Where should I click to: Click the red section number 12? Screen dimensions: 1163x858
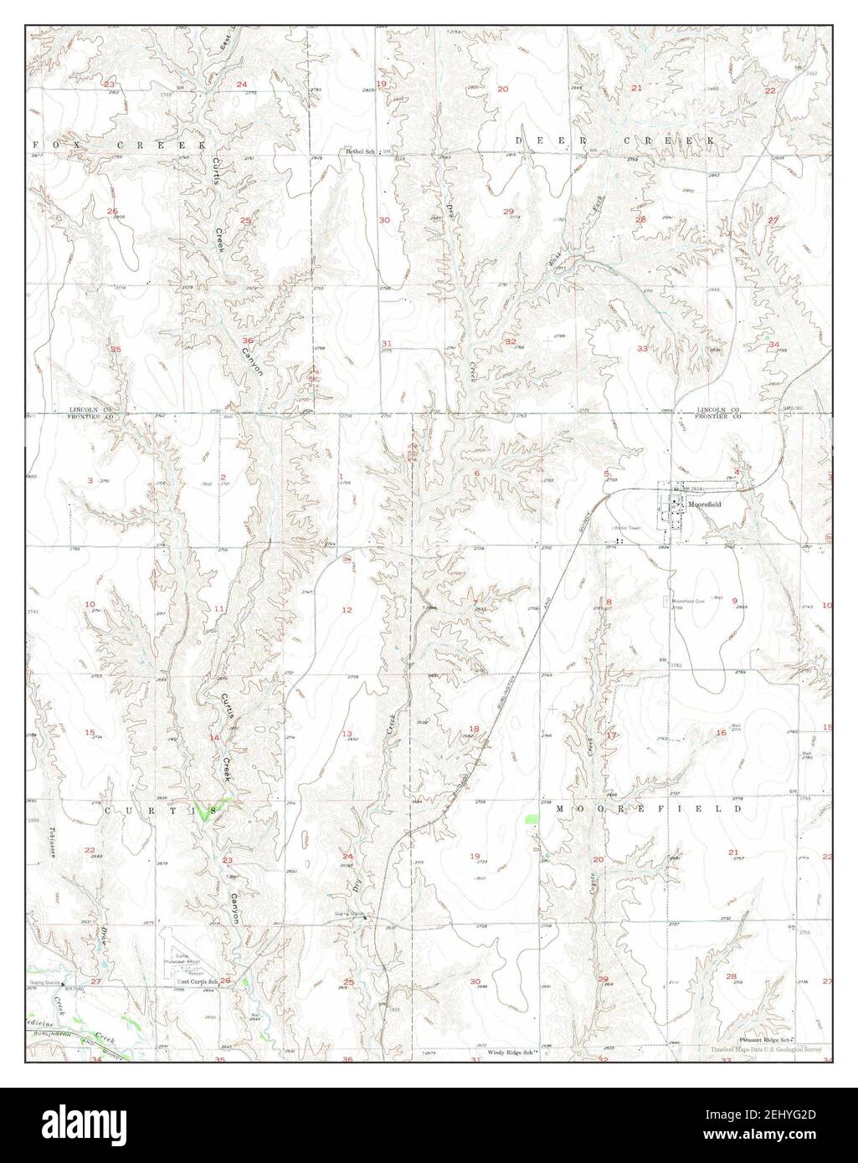tap(347, 610)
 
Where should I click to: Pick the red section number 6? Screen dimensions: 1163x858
tap(476, 474)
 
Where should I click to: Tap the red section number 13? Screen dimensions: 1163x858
tap(347, 734)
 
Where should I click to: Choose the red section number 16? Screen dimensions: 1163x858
tap(721, 733)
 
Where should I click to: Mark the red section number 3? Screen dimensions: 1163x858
tap(90, 480)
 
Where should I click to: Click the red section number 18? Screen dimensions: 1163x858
tap(475, 729)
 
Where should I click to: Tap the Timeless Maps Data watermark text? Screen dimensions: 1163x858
tap(766, 1049)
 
